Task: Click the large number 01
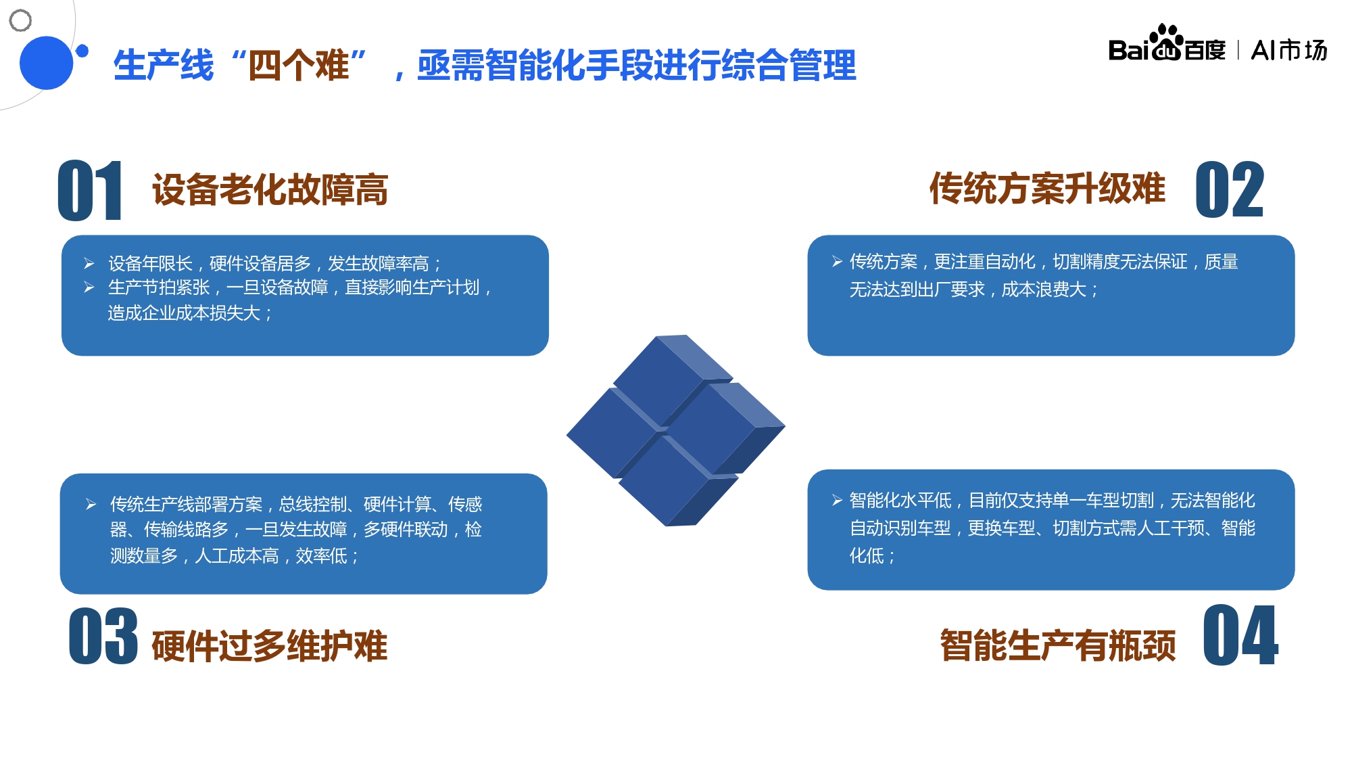pos(90,191)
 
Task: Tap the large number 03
pos(103,636)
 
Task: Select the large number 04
pos(1240,636)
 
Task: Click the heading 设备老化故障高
pos(270,189)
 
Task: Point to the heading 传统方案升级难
pos(1047,188)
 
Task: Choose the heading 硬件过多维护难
pos(270,645)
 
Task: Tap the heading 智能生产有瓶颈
pos(1058,645)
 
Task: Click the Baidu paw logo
pos(1166,43)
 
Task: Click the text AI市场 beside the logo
pos(1289,50)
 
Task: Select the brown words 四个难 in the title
pos(299,66)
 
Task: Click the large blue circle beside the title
pos(46,63)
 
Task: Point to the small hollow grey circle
pos(20,20)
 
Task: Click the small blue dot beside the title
pos(82,51)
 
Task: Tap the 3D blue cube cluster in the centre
pos(675,430)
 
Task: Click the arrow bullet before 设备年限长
pos(89,263)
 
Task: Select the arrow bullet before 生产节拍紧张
pos(89,287)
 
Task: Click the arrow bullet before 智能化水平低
pos(837,500)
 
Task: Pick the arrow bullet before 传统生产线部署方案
pos(91,504)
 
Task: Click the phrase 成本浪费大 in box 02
pos(1044,290)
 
